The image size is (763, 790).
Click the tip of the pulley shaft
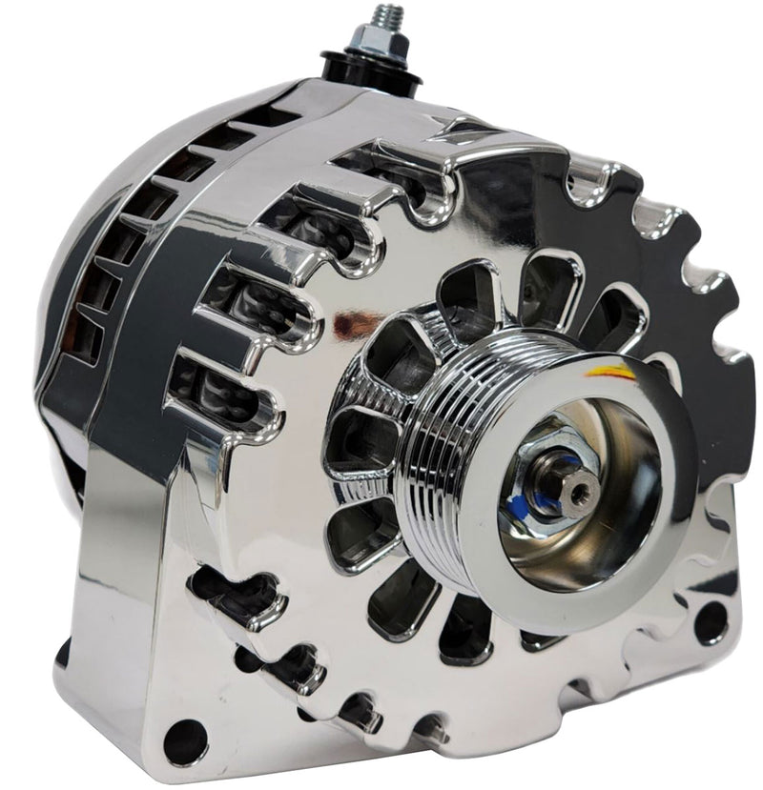coord(579,491)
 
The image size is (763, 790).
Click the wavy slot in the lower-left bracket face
coord(238,595)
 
